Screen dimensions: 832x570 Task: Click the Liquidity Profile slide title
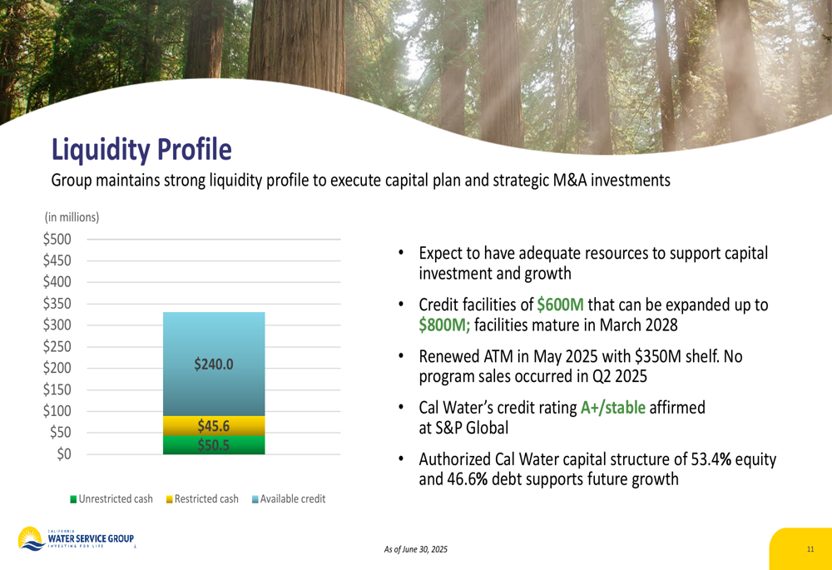pyautogui.click(x=141, y=149)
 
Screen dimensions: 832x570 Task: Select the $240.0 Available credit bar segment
pyautogui.click(x=214, y=364)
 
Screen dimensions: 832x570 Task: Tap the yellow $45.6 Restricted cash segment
pyautogui.click(x=214, y=426)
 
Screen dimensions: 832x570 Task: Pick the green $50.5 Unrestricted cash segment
pyautogui.click(x=214, y=444)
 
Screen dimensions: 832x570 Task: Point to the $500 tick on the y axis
pyautogui.click(x=57, y=240)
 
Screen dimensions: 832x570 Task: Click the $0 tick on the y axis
pyautogui.click(x=64, y=454)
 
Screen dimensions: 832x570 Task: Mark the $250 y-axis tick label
pyautogui.click(x=57, y=346)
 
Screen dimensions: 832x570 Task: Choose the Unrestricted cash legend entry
pyautogui.click(x=111, y=499)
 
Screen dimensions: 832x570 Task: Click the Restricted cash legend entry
pyautogui.click(x=202, y=499)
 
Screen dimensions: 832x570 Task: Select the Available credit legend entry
pyautogui.click(x=289, y=499)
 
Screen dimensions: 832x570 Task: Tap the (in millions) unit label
pyautogui.click(x=72, y=217)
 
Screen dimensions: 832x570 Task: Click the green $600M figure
pyautogui.click(x=560, y=305)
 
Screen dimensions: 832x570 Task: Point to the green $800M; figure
pyautogui.click(x=444, y=325)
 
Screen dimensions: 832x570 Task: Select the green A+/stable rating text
pyautogui.click(x=613, y=408)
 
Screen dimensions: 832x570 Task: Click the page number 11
pyautogui.click(x=810, y=549)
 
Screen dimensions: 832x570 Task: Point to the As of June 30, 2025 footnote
pyautogui.click(x=416, y=549)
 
